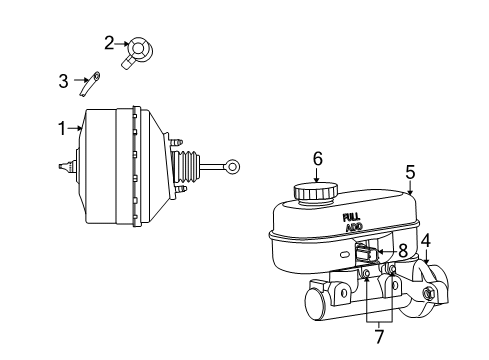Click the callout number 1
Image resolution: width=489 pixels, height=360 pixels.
(62, 127)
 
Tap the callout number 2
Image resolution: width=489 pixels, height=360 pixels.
(109, 42)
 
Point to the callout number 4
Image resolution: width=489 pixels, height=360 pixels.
(425, 240)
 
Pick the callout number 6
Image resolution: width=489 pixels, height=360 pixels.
(317, 158)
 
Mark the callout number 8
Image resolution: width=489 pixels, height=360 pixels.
(402, 250)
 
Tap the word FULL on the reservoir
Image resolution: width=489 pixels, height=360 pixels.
(352, 216)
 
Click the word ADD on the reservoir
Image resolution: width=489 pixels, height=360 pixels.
(353, 227)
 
